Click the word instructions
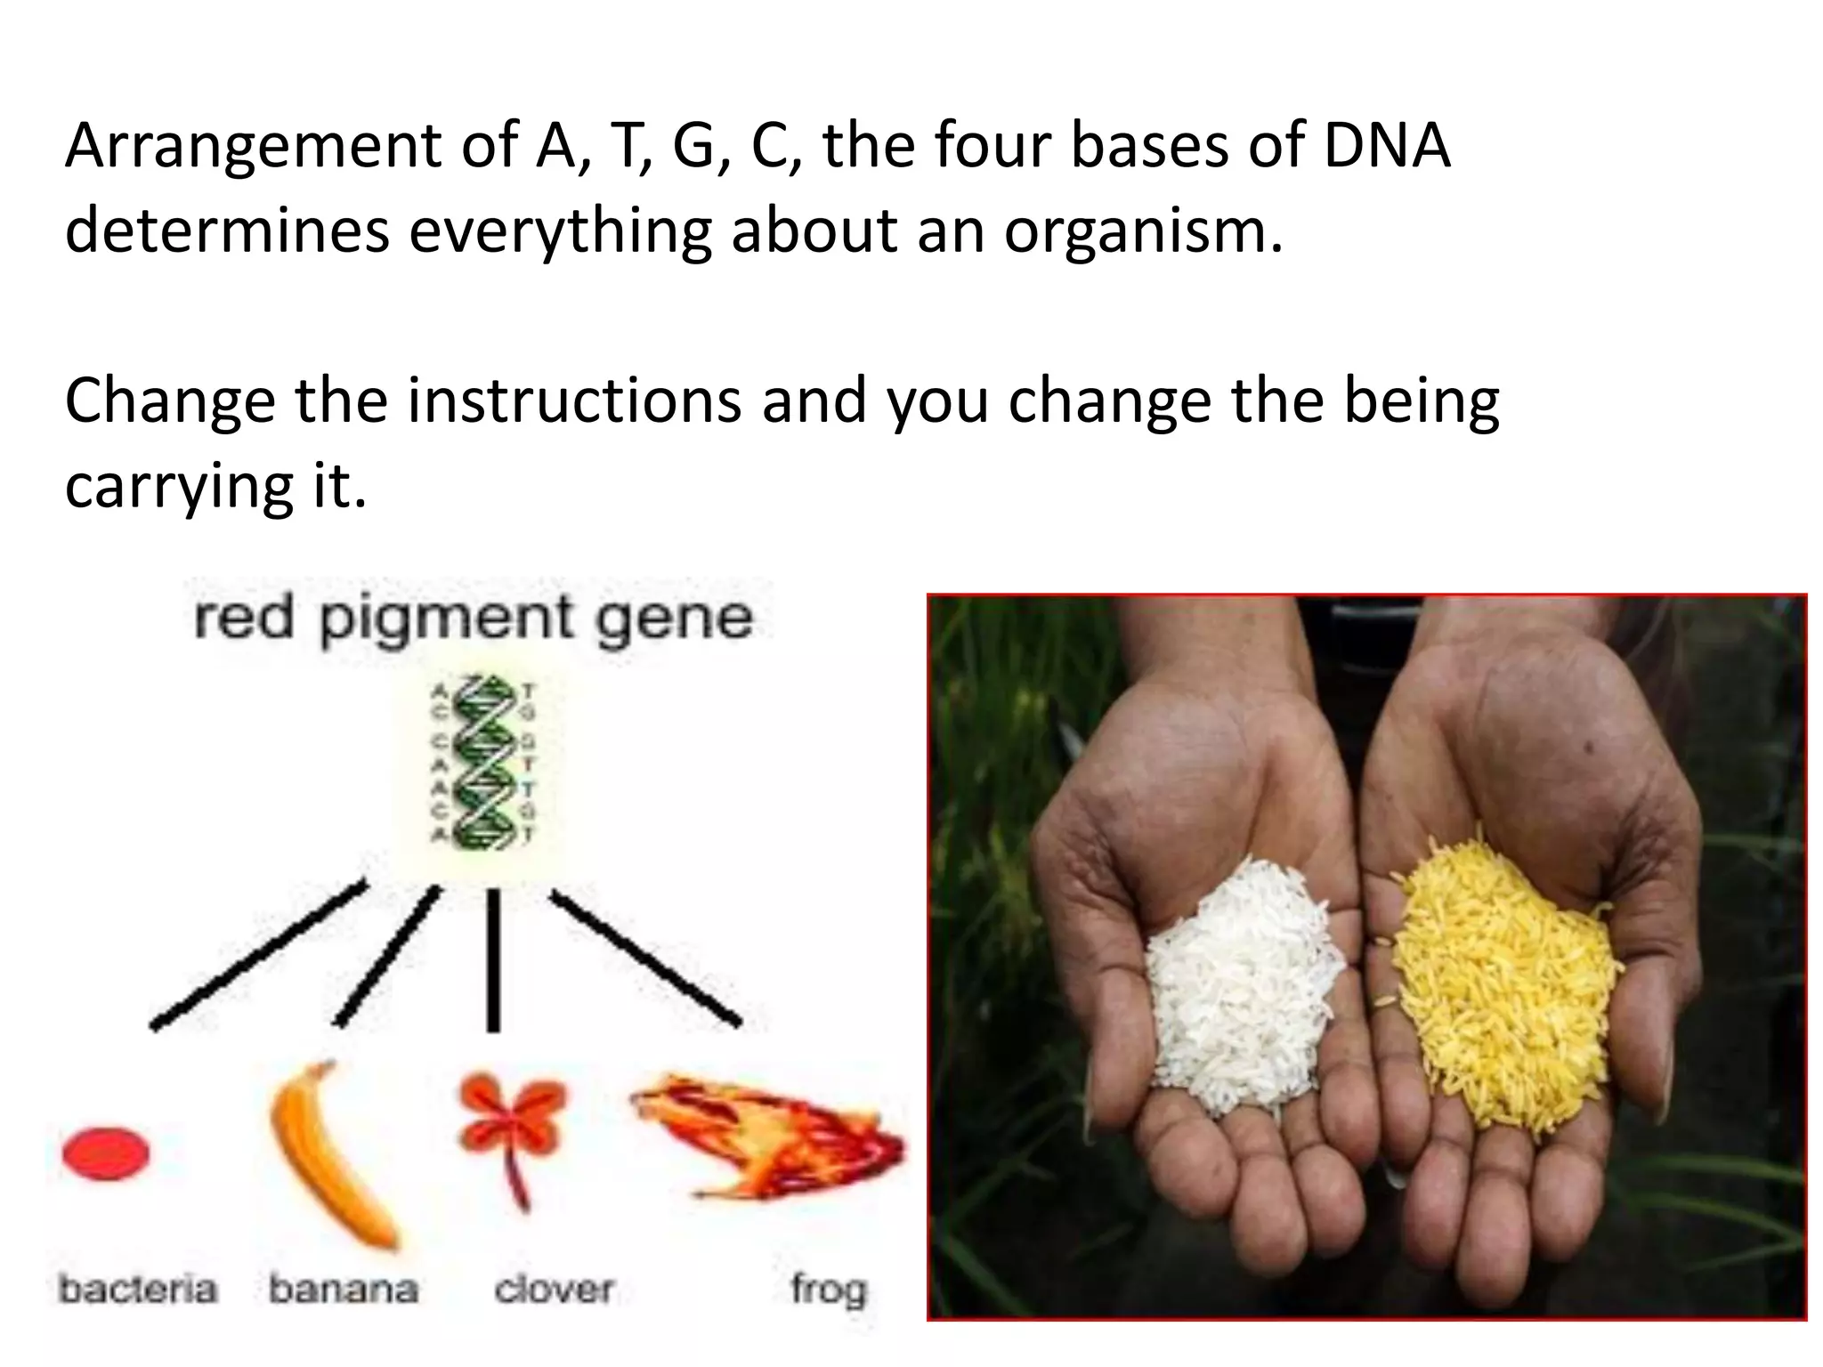pos(574,400)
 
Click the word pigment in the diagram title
pos(446,619)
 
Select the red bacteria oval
pos(106,1153)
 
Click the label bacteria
pos(138,1289)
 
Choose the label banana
pos(344,1289)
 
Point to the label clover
pos(554,1289)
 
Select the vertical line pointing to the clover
pos(493,961)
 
